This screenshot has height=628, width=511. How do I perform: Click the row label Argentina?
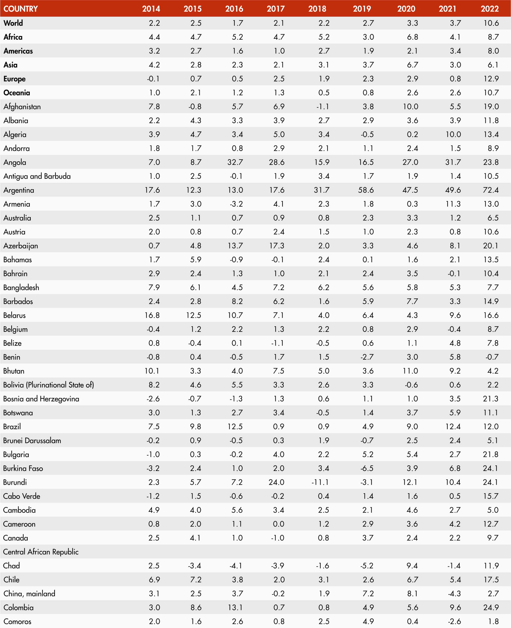(x=19, y=190)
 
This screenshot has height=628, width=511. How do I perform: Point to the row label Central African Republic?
(x=41, y=552)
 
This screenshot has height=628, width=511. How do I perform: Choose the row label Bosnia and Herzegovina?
(x=41, y=399)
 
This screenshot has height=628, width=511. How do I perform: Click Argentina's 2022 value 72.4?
(x=491, y=190)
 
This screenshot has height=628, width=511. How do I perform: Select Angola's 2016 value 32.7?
(x=235, y=162)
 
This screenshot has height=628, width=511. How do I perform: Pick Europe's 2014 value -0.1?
(x=153, y=79)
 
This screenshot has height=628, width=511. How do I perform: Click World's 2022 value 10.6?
(x=491, y=23)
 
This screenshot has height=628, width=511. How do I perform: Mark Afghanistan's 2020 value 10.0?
(x=410, y=106)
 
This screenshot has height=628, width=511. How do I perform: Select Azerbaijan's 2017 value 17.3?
(x=277, y=246)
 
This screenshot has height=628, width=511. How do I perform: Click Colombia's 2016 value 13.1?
(x=235, y=607)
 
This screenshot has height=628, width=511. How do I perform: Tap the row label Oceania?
(x=17, y=93)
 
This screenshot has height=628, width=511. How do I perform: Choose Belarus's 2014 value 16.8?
(x=152, y=315)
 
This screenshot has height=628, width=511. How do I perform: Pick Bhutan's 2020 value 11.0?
(x=410, y=371)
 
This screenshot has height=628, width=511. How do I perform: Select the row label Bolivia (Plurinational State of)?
(x=49, y=385)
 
